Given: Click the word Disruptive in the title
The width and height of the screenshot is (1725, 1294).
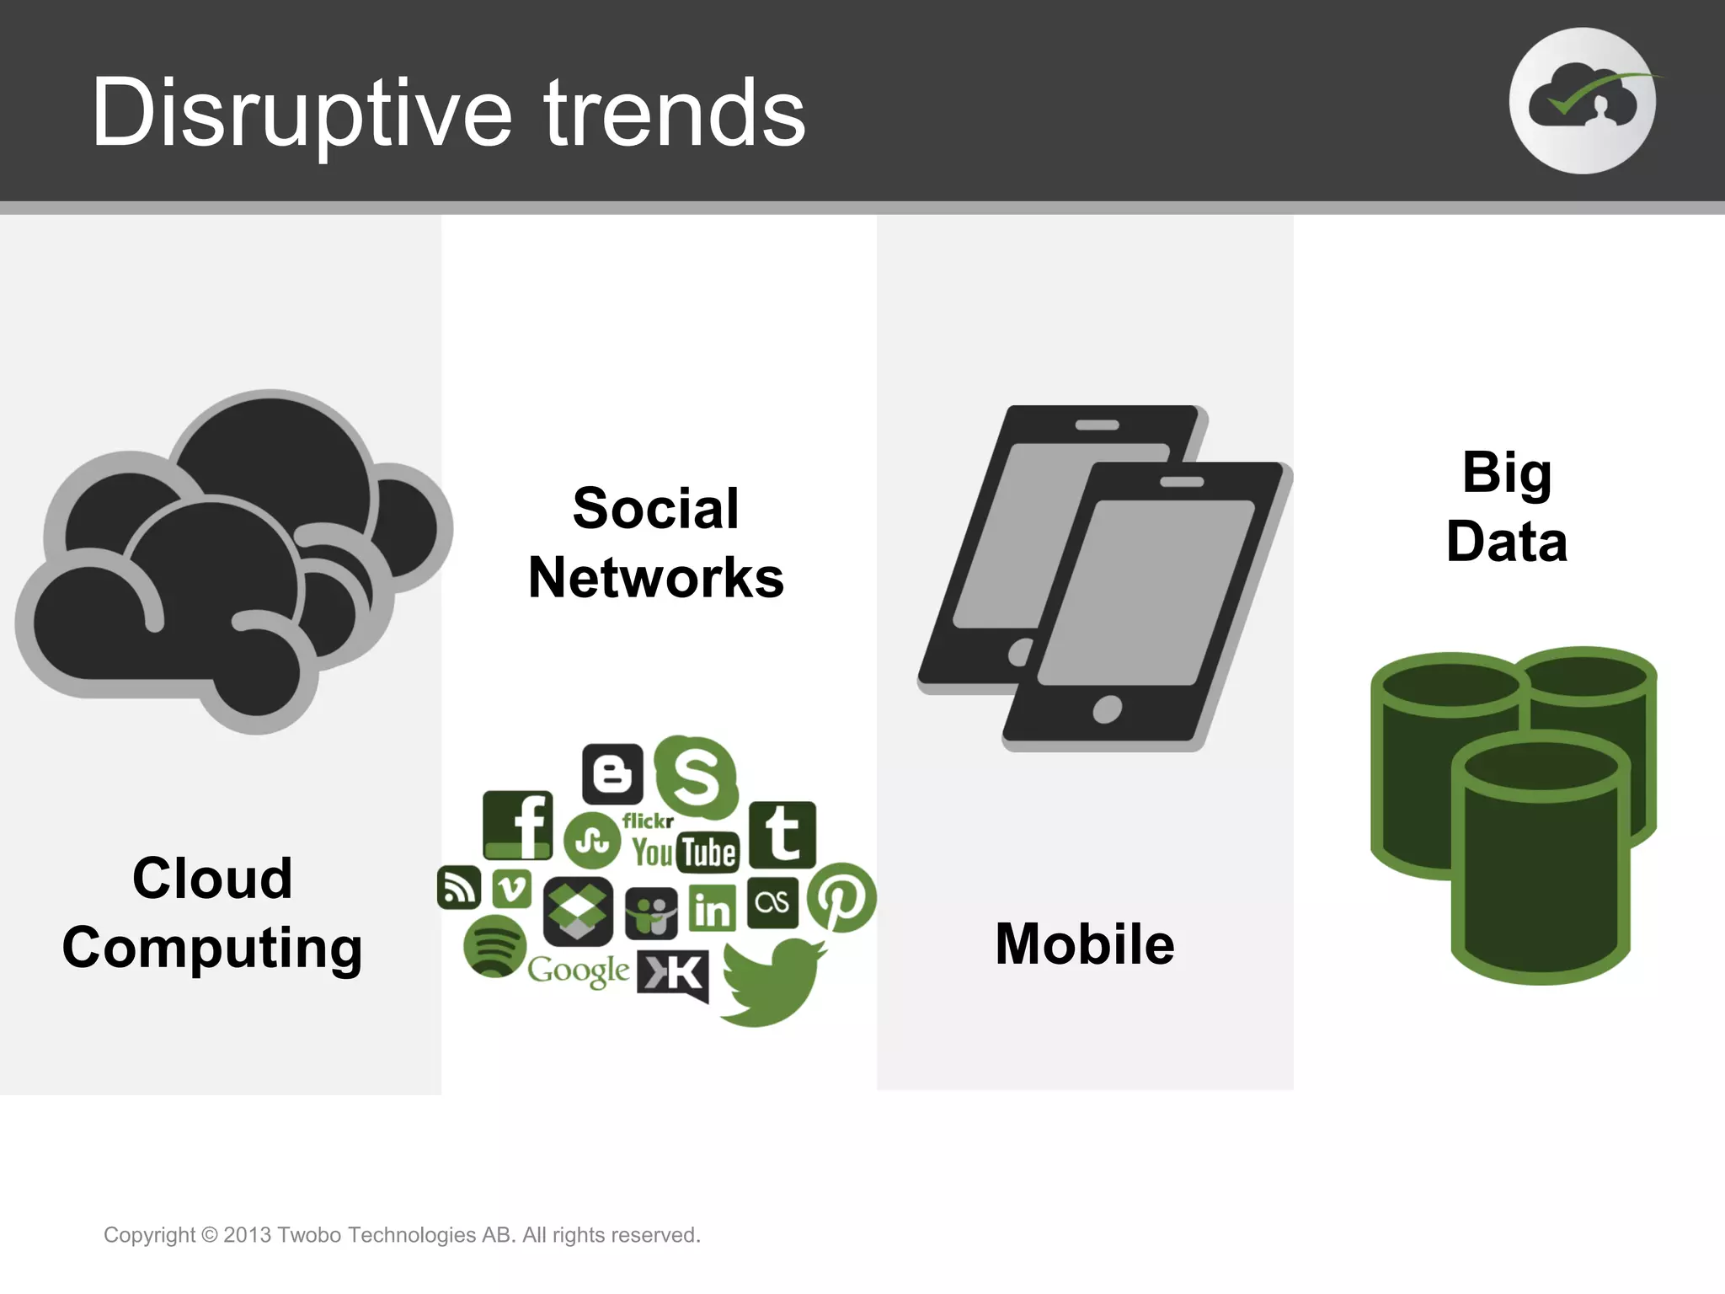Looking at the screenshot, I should coord(302,114).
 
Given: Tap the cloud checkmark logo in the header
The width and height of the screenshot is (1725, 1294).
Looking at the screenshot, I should coord(1582,101).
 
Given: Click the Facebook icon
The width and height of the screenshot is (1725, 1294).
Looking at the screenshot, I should coord(518,825).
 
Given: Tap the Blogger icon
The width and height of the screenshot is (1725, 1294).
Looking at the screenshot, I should coord(612,773).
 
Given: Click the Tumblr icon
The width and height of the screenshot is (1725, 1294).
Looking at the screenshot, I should coord(782,834).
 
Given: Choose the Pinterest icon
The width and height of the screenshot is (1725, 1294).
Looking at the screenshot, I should coord(841,898).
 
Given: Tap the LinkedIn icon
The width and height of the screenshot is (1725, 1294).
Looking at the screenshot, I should coord(713,908).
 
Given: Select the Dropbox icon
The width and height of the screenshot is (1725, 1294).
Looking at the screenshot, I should coord(577,911).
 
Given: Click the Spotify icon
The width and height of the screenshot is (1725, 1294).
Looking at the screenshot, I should coord(494,946).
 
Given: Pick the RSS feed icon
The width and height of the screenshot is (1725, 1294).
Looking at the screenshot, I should coord(458,888).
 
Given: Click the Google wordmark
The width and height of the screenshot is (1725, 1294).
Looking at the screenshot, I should coord(578,971).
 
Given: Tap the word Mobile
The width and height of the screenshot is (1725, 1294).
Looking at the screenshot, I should coord(1084,944).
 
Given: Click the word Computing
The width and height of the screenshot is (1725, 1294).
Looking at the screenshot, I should coord(212,948).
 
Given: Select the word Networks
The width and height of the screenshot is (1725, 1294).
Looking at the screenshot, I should coord(656,578).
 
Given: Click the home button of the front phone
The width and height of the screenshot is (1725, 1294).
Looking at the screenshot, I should coord(1107,709).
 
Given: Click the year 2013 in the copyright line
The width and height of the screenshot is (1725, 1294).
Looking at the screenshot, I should coord(247,1235).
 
